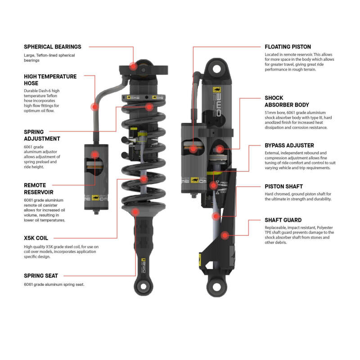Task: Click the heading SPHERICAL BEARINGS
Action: pos(52,46)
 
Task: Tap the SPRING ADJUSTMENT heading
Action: pos(42,135)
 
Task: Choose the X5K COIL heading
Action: pos(36,238)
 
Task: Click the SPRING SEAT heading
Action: pos(41,275)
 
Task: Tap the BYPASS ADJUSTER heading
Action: pos(289,145)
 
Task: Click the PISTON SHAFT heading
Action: pos(283,186)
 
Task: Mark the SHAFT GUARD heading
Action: pos(283,220)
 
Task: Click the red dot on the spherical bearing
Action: pos(133,66)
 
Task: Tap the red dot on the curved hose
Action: pos(94,107)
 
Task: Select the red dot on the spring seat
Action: pos(136,211)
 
